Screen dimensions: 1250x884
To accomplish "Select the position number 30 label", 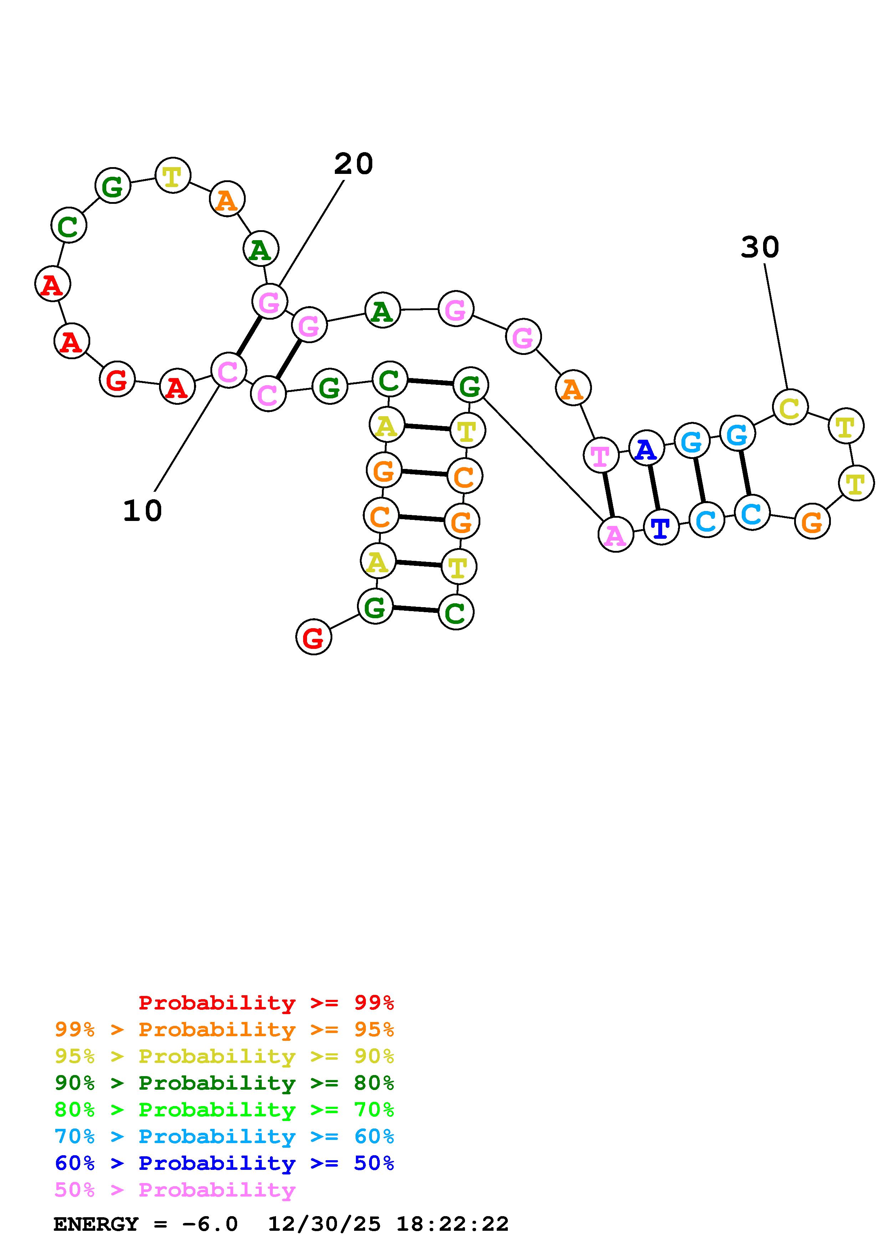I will pyautogui.click(x=760, y=247).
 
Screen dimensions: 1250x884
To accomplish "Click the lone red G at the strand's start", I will pyautogui.click(x=313, y=637).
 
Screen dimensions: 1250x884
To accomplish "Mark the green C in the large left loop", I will pyautogui.click(x=68, y=226).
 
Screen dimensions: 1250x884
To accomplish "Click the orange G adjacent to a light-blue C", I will pyautogui.click(x=812, y=522).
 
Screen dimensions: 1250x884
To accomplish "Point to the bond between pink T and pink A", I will pyautogui.click(x=608, y=495).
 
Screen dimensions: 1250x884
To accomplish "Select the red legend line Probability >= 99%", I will pyautogui.click(x=266, y=1003).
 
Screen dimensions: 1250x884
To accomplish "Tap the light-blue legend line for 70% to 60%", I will pyautogui.click(x=224, y=1137).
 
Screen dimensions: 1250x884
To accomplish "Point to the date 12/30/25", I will pyautogui.click(x=324, y=1224).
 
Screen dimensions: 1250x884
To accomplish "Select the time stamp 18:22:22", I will pyautogui.click(x=452, y=1224).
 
